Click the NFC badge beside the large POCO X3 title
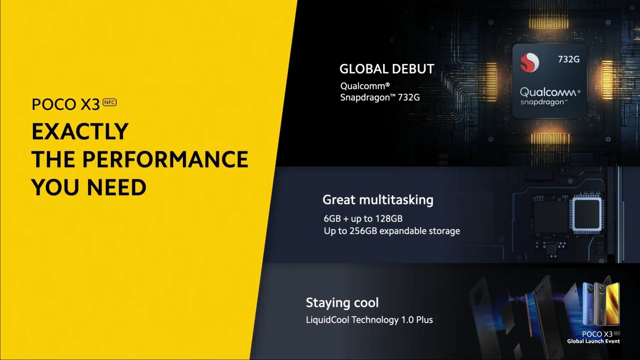[x=110, y=102]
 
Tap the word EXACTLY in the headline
[x=80, y=131]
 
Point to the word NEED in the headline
[x=117, y=187]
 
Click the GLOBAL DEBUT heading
[x=387, y=69]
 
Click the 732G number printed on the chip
[x=569, y=59]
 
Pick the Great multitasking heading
[x=378, y=200]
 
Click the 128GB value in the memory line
[x=389, y=219]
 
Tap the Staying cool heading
[x=342, y=303]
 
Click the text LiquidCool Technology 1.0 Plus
[x=369, y=320]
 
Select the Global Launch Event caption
[x=594, y=341]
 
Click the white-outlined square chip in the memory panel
[x=587, y=214]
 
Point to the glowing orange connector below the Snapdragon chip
[x=549, y=138]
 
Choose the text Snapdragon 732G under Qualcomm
[x=380, y=98]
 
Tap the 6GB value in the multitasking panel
[x=332, y=219]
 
